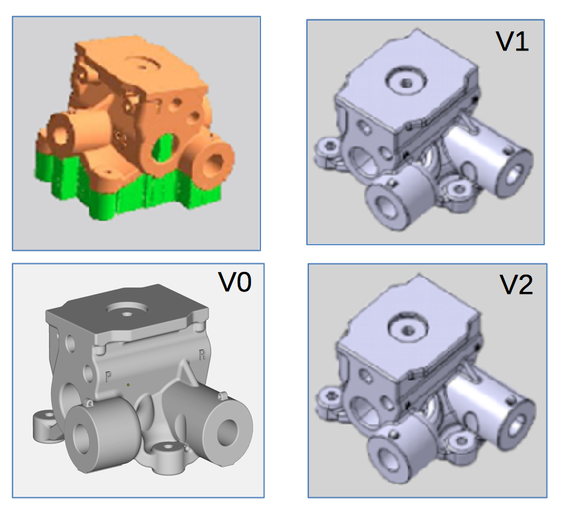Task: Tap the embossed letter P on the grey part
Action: click(x=108, y=376)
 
